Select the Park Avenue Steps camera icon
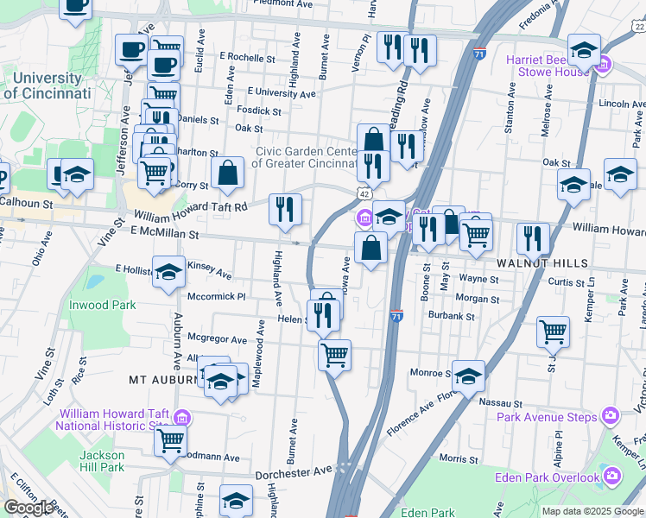pyautogui.click(x=611, y=417)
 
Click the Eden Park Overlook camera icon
pyautogui.click(x=612, y=477)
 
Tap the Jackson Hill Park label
pyautogui.click(x=102, y=461)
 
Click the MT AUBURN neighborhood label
pyautogui.click(x=163, y=380)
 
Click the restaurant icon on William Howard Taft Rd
pyautogui.click(x=284, y=209)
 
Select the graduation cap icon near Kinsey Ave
pyautogui.click(x=169, y=271)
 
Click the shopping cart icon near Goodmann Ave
pyautogui.click(x=170, y=440)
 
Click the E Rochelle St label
pyautogui.click(x=248, y=57)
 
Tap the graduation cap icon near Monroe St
pyautogui.click(x=468, y=375)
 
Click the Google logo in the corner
pyautogui.click(x=28, y=508)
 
